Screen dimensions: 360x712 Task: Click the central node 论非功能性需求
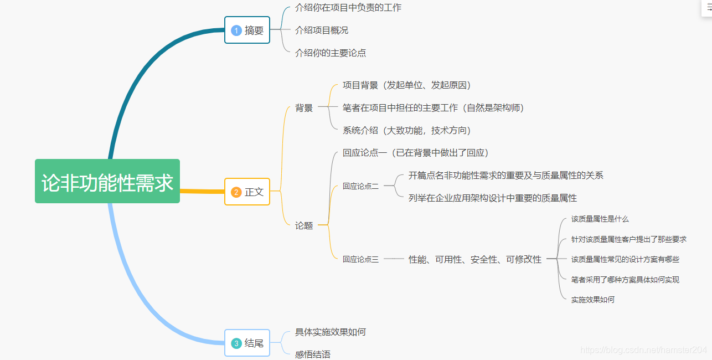(x=107, y=182)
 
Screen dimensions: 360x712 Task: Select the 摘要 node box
(x=247, y=30)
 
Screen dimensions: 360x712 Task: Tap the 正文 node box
(x=247, y=192)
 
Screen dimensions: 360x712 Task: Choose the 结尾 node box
(x=247, y=343)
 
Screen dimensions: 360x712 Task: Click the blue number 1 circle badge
(x=236, y=30)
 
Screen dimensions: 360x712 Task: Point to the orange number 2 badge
(x=236, y=192)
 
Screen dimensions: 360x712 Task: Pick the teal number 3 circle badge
(x=236, y=343)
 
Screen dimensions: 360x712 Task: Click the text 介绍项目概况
(x=322, y=30)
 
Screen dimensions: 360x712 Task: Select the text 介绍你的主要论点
(x=331, y=53)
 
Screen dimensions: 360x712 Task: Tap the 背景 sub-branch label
(x=304, y=108)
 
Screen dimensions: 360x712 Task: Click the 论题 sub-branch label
(x=304, y=225)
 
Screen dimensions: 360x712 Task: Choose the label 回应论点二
(x=360, y=186)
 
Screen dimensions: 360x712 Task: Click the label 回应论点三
(x=360, y=259)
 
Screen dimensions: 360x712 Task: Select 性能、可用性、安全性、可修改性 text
(x=475, y=259)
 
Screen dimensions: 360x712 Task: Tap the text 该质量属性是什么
(x=600, y=219)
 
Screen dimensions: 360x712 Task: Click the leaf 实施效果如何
(x=593, y=300)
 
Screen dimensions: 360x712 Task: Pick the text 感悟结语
(x=313, y=354)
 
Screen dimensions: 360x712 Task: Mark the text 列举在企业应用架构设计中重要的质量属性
(x=493, y=198)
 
